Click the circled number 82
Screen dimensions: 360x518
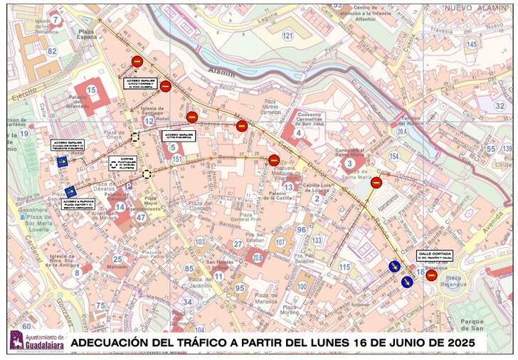(51, 51)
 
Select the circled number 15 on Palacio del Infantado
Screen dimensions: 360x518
(91, 90)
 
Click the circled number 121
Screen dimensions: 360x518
(287, 36)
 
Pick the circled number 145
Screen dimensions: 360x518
(472, 44)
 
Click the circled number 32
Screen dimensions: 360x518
(499, 106)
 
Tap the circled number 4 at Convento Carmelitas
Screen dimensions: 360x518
(300, 132)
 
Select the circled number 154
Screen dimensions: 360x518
(394, 156)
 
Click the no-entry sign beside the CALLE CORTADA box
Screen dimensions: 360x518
(431, 275)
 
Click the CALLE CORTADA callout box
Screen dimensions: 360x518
(433, 256)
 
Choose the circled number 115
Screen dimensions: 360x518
(345, 267)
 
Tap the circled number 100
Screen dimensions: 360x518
(302, 287)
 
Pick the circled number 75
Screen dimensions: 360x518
(100, 306)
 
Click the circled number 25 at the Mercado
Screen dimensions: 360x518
(117, 260)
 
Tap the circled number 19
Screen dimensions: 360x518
(23, 133)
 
